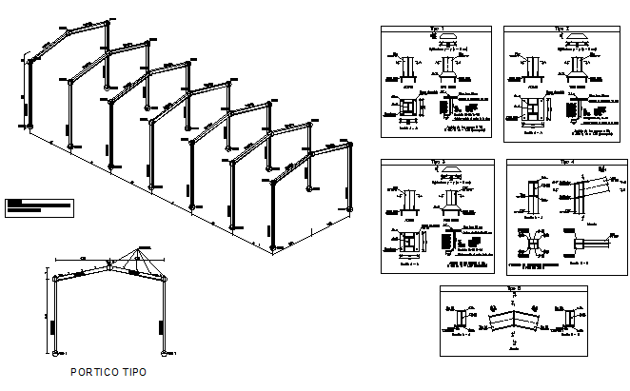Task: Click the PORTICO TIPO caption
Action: pyautogui.click(x=108, y=372)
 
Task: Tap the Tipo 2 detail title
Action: pyautogui.click(x=561, y=29)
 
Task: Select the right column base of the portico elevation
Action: pyautogui.click(x=168, y=351)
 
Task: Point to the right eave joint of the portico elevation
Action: pyautogui.click(x=167, y=278)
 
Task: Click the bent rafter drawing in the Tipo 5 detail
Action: pyautogui.click(x=515, y=320)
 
